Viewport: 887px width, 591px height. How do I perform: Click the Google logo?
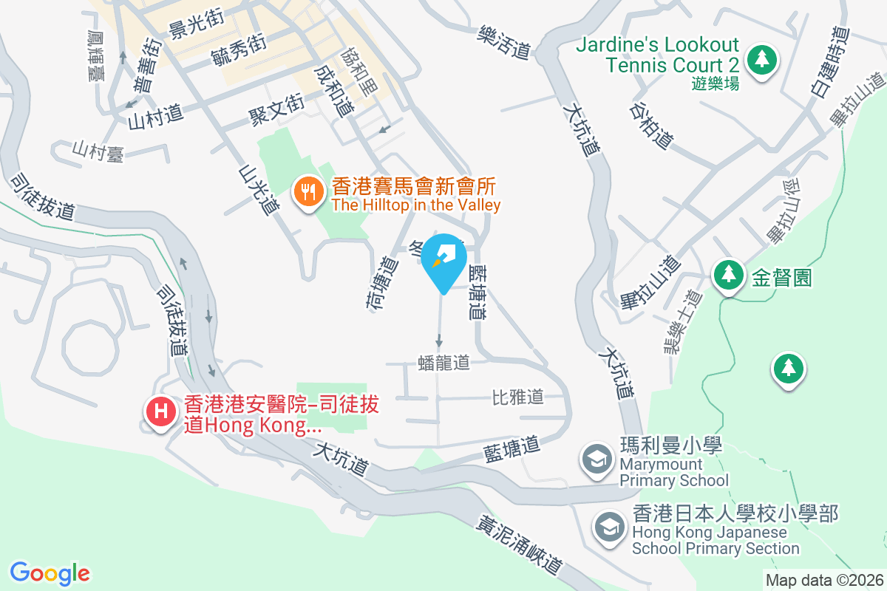pyautogui.click(x=50, y=573)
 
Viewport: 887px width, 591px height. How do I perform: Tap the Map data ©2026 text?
pyautogui.click(x=823, y=580)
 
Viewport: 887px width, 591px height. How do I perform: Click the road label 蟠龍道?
pyautogui.click(x=443, y=363)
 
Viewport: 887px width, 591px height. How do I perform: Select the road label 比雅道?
pyautogui.click(x=518, y=397)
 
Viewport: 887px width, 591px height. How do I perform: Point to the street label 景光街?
pyautogui.click(x=196, y=28)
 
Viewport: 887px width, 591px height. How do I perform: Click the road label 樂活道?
pyautogui.click(x=505, y=41)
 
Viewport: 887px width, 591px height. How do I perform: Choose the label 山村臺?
pyautogui.click(x=98, y=152)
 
